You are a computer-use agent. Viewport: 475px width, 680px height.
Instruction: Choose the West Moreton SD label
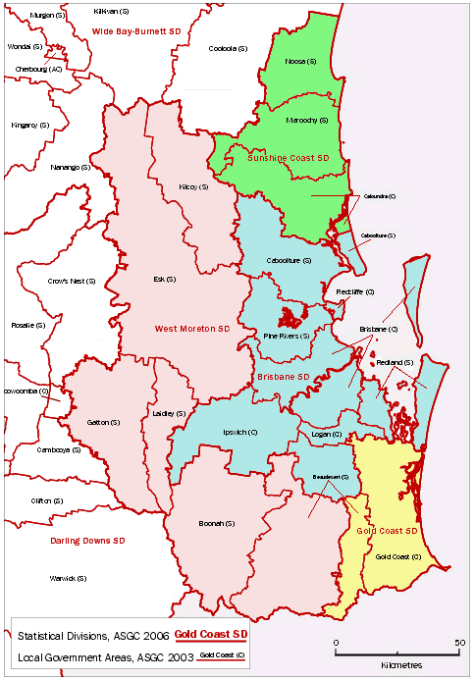click(x=191, y=328)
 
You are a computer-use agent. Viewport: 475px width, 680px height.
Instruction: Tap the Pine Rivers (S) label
click(x=288, y=337)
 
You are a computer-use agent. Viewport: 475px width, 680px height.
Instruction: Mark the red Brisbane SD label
click(x=283, y=377)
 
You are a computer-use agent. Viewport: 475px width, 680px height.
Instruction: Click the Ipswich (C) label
click(x=237, y=432)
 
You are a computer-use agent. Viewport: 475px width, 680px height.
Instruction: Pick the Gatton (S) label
click(x=103, y=422)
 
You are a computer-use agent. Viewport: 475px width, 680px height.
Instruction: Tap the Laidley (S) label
click(x=170, y=414)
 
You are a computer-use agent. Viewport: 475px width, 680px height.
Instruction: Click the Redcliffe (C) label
click(x=354, y=292)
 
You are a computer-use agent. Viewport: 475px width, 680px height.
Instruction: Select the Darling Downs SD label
click(x=87, y=541)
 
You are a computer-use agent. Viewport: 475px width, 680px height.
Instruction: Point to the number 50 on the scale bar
click(x=459, y=642)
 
